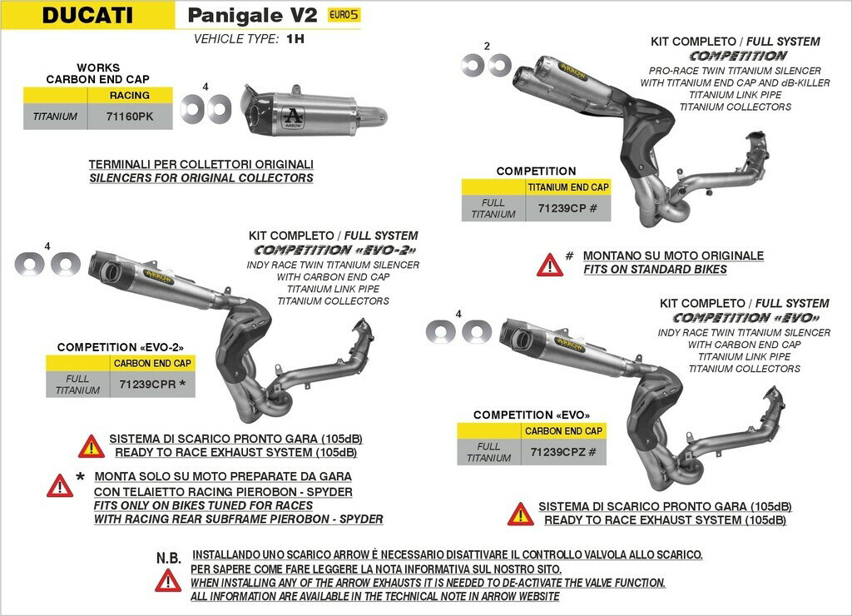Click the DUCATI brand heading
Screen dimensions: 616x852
[x=87, y=15]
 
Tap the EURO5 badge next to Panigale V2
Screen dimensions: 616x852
[x=344, y=15]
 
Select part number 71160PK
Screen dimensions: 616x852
[x=131, y=117]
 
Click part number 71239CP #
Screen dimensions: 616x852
[x=567, y=208]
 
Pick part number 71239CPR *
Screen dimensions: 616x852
[x=152, y=385]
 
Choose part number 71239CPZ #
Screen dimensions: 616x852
[x=563, y=452]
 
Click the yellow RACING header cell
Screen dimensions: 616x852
[x=130, y=95]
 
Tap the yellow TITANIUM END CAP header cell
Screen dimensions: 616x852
[x=567, y=187]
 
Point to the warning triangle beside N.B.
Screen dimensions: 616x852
[x=168, y=581]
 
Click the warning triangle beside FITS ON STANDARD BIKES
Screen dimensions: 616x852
[x=550, y=265]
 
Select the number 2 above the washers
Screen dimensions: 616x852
[x=487, y=46]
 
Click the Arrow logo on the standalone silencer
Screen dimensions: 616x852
[x=293, y=116]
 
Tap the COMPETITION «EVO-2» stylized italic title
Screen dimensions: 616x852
[x=334, y=250]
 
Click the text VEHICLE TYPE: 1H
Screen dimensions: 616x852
[x=249, y=38]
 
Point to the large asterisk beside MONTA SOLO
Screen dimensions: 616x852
[x=80, y=478]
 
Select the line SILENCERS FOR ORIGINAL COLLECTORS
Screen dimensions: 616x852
[x=201, y=177]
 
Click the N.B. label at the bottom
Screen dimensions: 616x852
[x=168, y=557]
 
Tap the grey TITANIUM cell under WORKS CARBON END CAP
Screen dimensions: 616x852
[x=55, y=117]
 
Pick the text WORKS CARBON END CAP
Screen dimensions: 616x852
[x=98, y=73]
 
